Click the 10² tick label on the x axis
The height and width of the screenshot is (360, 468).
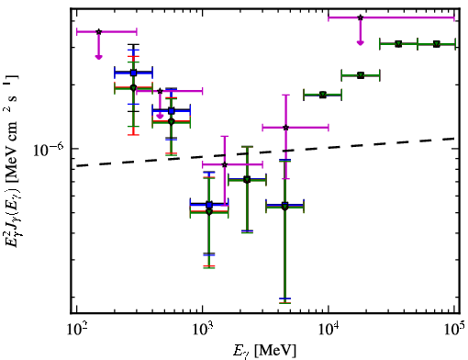[77, 330]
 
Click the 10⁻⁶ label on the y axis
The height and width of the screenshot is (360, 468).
[49, 149]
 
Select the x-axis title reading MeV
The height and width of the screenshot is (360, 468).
[275, 351]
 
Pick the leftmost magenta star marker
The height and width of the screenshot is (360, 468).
[98, 31]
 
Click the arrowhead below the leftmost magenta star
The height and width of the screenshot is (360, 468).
[98, 57]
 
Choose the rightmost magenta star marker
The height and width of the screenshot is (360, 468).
[361, 17]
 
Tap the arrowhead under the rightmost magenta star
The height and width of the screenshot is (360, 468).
[361, 42]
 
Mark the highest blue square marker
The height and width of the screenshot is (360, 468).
[133, 73]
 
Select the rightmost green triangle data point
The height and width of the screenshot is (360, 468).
[437, 44]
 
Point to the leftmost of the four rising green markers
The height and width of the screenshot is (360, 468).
[323, 95]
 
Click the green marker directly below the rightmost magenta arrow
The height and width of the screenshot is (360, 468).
[361, 75]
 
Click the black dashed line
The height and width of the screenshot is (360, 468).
[265, 152]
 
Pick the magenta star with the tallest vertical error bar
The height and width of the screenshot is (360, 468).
[285, 128]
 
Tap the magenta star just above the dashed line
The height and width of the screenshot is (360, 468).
[225, 164]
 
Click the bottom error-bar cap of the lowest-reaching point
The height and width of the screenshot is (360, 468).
[284, 303]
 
